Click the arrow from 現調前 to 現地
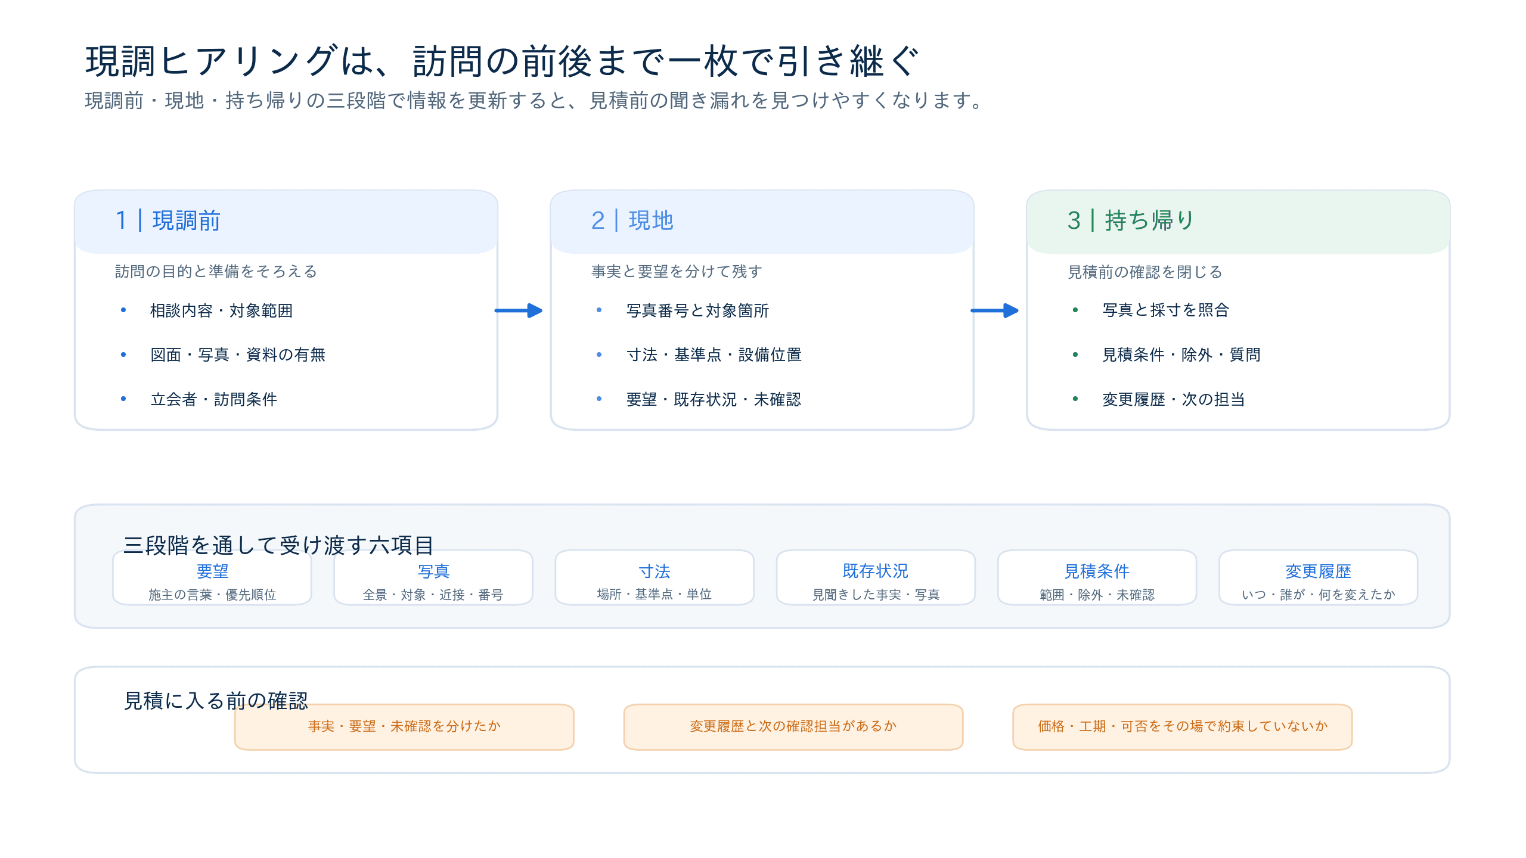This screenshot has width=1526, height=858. click(519, 310)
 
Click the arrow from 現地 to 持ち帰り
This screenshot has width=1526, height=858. click(994, 310)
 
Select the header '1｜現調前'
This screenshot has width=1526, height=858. click(168, 220)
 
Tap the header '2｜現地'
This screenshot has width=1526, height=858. click(632, 220)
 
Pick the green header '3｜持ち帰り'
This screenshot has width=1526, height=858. click(1131, 220)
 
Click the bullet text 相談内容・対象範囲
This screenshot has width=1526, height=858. click(221, 310)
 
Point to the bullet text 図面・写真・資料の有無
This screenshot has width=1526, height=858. click(238, 355)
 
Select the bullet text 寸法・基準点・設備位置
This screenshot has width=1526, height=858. click(714, 355)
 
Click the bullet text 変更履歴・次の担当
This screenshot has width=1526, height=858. click(1173, 399)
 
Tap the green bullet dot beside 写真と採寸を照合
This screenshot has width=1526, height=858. click(1075, 310)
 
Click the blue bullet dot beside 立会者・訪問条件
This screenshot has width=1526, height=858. click(123, 399)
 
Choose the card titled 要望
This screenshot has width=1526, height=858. click(212, 577)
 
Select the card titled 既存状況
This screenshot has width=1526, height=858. click(876, 577)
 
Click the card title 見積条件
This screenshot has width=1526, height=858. click(1097, 571)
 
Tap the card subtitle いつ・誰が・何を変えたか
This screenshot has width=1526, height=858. click(1318, 594)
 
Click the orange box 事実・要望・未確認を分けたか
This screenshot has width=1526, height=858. click(404, 726)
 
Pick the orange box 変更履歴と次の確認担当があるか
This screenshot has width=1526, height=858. click(793, 726)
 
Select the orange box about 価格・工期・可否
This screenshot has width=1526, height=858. click(1183, 726)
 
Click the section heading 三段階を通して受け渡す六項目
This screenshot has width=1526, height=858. click(278, 545)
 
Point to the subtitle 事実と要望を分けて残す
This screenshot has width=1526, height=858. click(677, 271)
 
